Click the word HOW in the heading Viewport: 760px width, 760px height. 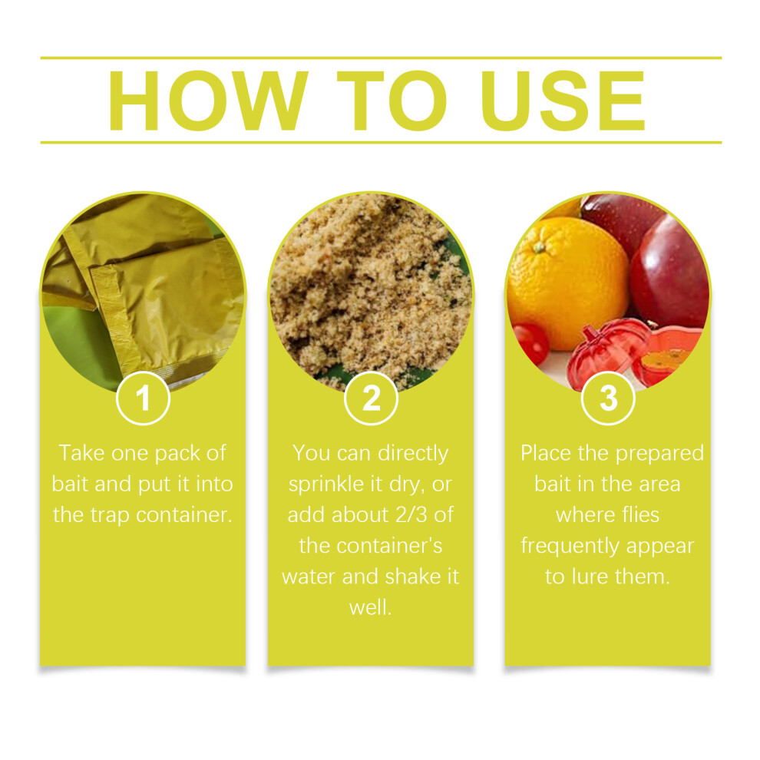(208, 101)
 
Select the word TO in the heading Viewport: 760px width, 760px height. (392, 101)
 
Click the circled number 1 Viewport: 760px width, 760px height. (143, 398)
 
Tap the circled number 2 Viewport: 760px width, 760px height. (372, 398)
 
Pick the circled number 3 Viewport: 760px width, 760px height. (608, 398)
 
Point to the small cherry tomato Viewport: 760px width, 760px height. (530, 343)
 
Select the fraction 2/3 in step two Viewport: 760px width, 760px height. (411, 515)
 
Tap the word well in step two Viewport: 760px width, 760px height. (370, 607)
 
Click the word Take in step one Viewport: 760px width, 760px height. (82, 453)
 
